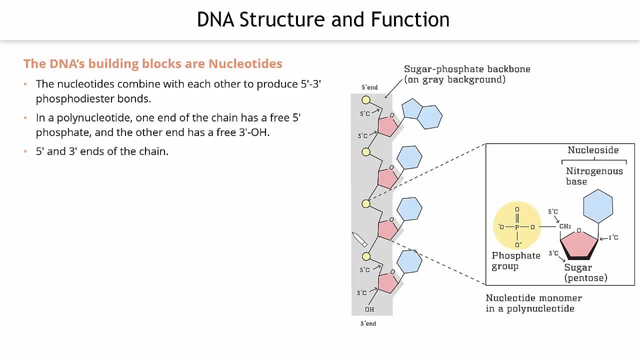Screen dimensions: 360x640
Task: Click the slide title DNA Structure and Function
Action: (x=323, y=20)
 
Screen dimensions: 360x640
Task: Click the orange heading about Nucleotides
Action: (x=152, y=64)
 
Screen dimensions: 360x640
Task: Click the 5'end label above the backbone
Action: (x=370, y=87)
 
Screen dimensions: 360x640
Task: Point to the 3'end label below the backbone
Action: (x=368, y=323)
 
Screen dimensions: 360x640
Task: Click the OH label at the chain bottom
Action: (x=369, y=309)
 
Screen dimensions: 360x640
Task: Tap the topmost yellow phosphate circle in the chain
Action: (x=366, y=100)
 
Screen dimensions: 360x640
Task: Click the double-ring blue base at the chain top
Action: (x=422, y=114)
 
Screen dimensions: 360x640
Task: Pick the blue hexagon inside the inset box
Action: (x=598, y=206)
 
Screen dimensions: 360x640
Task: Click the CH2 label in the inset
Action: (x=565, y=226)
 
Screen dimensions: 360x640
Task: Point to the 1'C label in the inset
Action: (x=613, y=237)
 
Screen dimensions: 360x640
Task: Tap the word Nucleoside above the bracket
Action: (x=593, y=150)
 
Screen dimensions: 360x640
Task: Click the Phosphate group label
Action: (x=516, y=260)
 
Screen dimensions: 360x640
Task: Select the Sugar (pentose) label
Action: (x=585, y=272)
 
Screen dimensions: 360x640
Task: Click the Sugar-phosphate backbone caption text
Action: (x=467, y=74)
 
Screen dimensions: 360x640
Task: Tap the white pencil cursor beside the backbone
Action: (x=359, y=239)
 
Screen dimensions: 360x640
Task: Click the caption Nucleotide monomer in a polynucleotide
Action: (x=533, y=303)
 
